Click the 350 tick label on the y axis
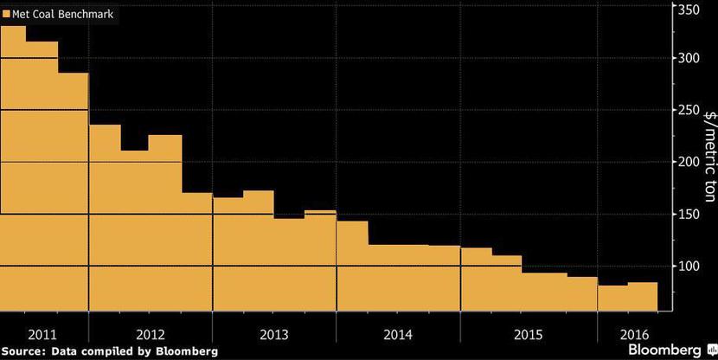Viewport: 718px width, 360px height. (x=689, y=10)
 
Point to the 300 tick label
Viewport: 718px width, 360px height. (x=689, y=58)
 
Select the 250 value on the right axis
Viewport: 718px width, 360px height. (x=689, y=110)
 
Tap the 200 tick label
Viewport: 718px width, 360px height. (x=689, y=162)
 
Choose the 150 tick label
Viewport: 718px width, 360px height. (x=689, y=214)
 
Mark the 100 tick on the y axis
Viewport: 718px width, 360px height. (x=689, y=266)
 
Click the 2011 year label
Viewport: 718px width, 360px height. (x=42, y=333)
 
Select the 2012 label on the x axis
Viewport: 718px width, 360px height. (x=151, y=333)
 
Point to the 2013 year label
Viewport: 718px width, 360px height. (x=274, y=333)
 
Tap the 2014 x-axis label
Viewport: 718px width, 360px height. (x=399, y=333)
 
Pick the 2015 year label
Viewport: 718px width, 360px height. (x=528, y=333)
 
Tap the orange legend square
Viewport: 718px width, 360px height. (x=7, y=15)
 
